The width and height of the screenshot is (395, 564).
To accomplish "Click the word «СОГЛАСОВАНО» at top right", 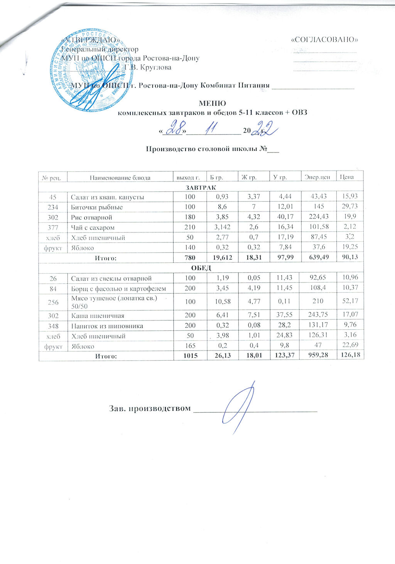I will coord(325,40).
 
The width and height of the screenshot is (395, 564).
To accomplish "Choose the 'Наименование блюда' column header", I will coord(120,178).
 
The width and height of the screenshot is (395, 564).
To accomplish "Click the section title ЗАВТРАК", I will coord(201,187).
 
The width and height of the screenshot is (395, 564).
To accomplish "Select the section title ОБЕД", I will coord(201,268).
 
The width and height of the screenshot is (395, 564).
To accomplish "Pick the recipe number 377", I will coord(53,227).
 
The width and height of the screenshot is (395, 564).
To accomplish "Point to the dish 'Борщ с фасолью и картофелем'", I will coord(118,288).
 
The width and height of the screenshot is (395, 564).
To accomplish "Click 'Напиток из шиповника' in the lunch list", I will coord(107,326).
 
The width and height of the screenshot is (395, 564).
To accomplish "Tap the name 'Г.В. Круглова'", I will coord(148,67).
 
